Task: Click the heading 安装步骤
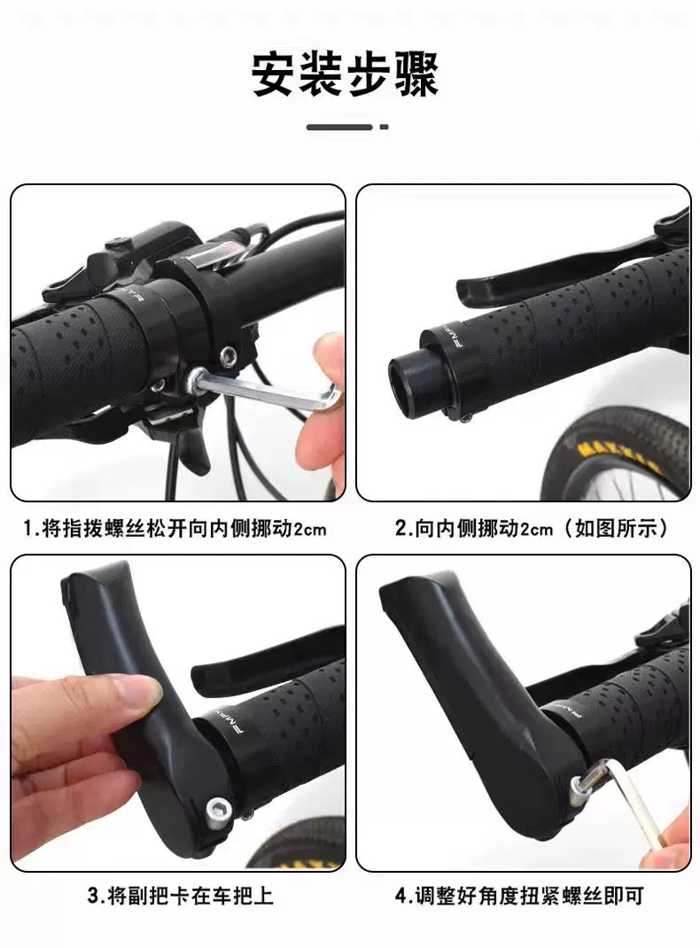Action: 345,75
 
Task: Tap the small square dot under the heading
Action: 384,127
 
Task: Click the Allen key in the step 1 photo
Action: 265,390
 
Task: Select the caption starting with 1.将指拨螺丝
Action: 175,529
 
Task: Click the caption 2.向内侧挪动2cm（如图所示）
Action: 532,529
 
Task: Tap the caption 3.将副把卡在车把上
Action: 180,896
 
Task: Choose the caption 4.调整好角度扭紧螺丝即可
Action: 519,896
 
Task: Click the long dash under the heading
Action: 339,127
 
